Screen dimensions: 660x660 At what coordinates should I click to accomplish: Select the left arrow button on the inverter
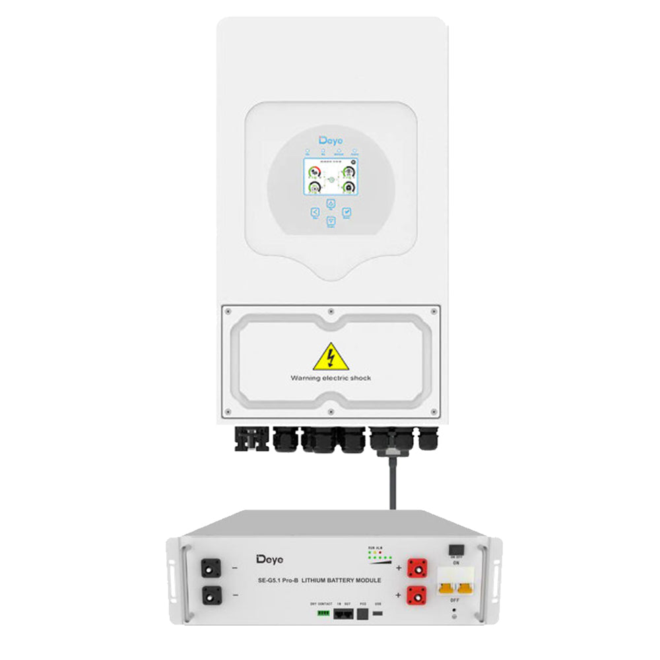tap(314, 212)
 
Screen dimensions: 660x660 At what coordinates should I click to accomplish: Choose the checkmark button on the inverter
tap(347, 212)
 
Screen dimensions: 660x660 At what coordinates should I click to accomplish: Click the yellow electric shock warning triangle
tap(331, 357)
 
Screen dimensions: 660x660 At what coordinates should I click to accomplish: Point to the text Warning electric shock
tap(331, 378)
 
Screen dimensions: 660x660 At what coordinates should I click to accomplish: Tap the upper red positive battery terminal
tap(416, 566)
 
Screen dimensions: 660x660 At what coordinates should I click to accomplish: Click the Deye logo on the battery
tap(269, 560)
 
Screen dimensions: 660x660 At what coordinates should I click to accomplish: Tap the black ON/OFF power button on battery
tap(455, 550)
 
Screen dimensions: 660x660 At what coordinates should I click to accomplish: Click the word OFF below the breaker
tap(455, 601)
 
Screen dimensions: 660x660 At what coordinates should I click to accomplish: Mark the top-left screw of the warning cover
tap(226, 310)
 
